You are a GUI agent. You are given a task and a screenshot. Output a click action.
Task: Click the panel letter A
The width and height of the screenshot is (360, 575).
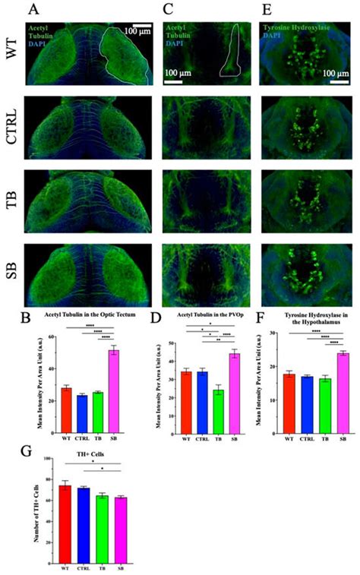click(x=33, y=10)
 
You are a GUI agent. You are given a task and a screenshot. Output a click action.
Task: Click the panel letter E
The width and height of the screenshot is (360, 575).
click(x=268, y=10)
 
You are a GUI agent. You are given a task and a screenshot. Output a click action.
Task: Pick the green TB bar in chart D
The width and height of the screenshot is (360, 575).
click(x=197, y=415)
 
